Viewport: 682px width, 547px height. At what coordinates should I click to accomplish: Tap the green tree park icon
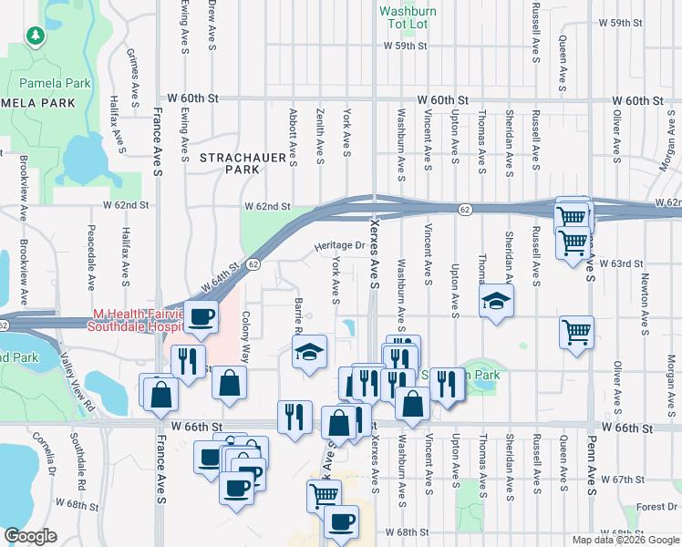tap(36, 36)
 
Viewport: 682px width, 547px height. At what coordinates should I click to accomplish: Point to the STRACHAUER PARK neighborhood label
tap(230, 163)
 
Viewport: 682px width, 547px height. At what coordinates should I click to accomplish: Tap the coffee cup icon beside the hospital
tap(201, 316)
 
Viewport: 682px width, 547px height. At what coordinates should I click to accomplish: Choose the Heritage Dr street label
tap(339, 246)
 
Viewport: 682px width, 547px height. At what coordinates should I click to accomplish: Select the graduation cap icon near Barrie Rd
tap(309, 352)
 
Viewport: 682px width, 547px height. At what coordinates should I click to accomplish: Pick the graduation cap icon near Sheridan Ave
tap(495, 301)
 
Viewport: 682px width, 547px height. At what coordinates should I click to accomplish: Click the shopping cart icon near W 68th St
tap(324, 495)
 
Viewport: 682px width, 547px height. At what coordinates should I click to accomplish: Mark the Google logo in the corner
tap(30, 536)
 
